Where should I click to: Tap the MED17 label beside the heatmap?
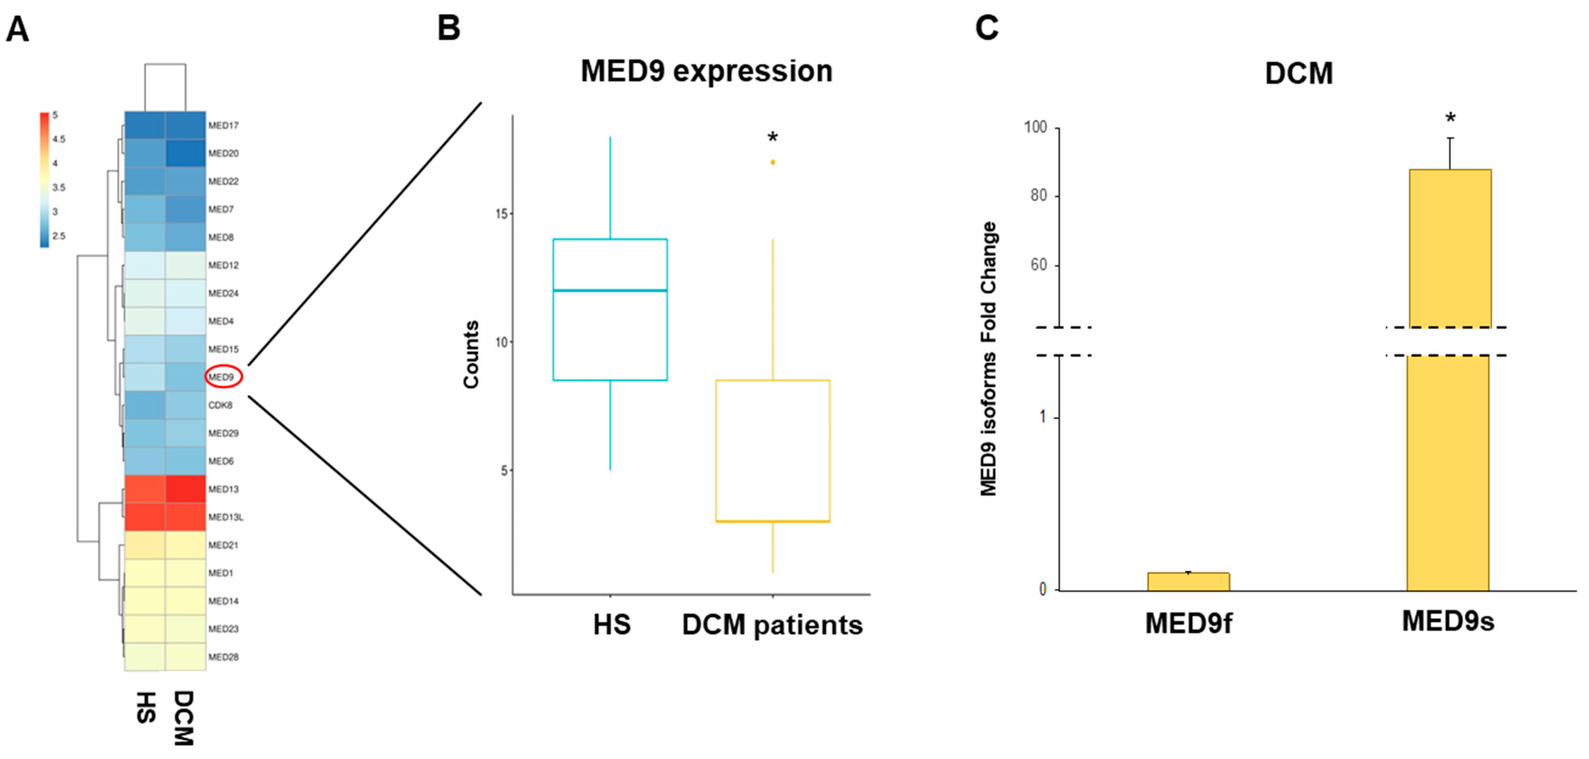pos(223,125)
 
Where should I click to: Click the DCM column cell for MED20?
pos(185,153)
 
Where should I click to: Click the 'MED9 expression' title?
pos(706,71)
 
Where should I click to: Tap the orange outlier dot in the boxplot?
pos(772,162)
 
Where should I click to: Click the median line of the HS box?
pos(610,290)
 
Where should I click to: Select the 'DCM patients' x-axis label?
pos(772,625)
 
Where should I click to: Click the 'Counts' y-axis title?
pos(471,354)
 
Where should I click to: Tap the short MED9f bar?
pos(1188,582)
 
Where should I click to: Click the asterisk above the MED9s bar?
pos(1450,118)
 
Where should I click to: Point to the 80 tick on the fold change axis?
pos(1039,195)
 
